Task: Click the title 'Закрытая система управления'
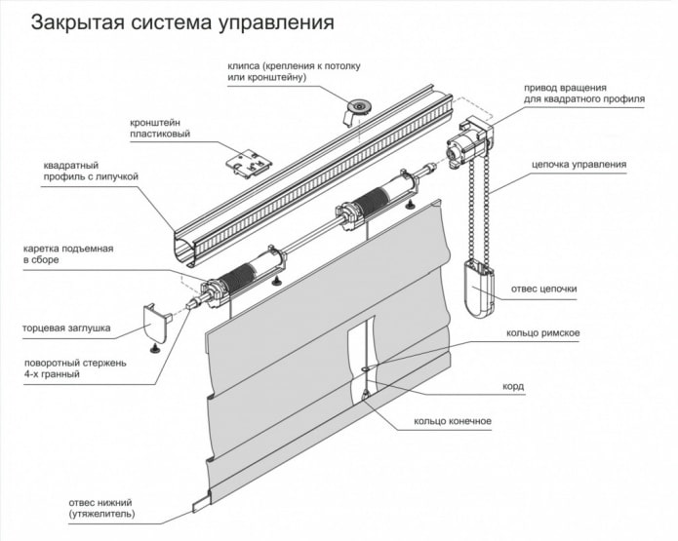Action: coord(182,21)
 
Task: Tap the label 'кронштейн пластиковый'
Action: coord(160,128)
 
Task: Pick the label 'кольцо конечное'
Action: coord(452,421)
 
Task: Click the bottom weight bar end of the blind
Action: coord(202,504)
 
